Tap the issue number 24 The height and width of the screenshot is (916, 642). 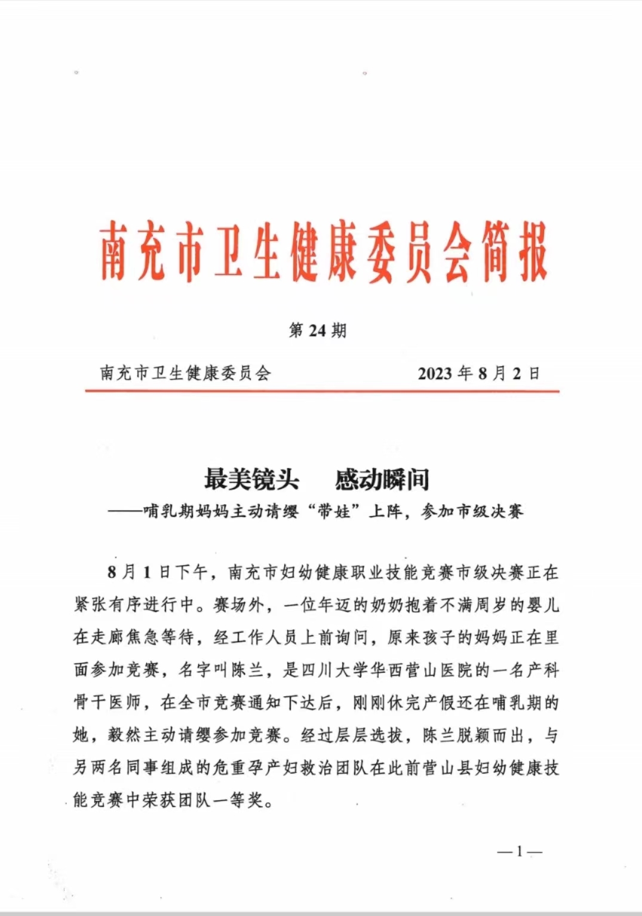(x=317, y=331)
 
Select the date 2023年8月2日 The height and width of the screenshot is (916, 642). (x=478, y=374)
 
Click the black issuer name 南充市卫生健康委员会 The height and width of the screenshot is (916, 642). (x=185, y=374)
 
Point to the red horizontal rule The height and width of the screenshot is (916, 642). (x=322, y=391)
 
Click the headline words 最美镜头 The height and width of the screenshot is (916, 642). (x=251, y=479)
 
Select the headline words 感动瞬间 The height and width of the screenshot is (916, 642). (x=382, y=479)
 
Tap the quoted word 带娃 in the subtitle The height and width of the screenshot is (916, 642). (x=334, y=511)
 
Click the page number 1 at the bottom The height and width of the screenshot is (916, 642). (x=520, y=852)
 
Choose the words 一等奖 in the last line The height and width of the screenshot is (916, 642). (x=247, y=800)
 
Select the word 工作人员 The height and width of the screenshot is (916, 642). (x=264, y=637)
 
